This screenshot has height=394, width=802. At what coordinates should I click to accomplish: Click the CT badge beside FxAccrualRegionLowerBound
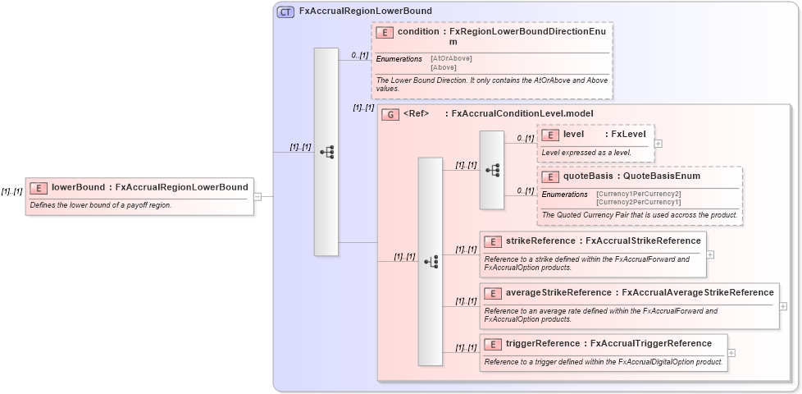pos(285,11)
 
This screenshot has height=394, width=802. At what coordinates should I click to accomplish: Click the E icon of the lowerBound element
pos(39,187)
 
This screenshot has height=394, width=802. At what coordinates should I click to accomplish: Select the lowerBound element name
pos(79,187)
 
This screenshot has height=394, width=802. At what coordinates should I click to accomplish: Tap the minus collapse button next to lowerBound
pos(257,196)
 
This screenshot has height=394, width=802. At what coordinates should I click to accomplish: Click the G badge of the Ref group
pos(391,114)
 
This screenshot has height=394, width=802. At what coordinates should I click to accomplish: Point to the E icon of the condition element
pos(385,32)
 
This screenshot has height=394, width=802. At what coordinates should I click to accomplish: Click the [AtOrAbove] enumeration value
pos(451,58)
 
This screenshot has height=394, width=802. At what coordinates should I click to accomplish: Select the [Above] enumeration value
pos(444,67)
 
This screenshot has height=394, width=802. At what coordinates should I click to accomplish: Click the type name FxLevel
pos(628,134)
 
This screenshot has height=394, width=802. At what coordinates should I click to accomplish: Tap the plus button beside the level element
pos(658,143)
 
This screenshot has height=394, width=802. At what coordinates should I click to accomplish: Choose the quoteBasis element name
pos(588,176)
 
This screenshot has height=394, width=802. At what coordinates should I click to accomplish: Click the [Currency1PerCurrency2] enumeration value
pos(638,194)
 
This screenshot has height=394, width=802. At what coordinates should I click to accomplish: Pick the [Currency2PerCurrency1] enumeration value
pos(638,202)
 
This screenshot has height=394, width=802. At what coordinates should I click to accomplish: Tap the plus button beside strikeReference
pos(710,254)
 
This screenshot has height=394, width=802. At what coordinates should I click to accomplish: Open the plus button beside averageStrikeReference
pos(783,305)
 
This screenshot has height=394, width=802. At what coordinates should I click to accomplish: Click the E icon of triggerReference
pos(493,343)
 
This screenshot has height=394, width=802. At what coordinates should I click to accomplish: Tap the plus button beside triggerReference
pos(731,353)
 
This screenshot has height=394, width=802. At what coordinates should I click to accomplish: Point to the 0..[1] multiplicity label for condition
pos(359,55)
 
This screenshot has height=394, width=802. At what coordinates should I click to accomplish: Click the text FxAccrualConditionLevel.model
pos(522,114)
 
